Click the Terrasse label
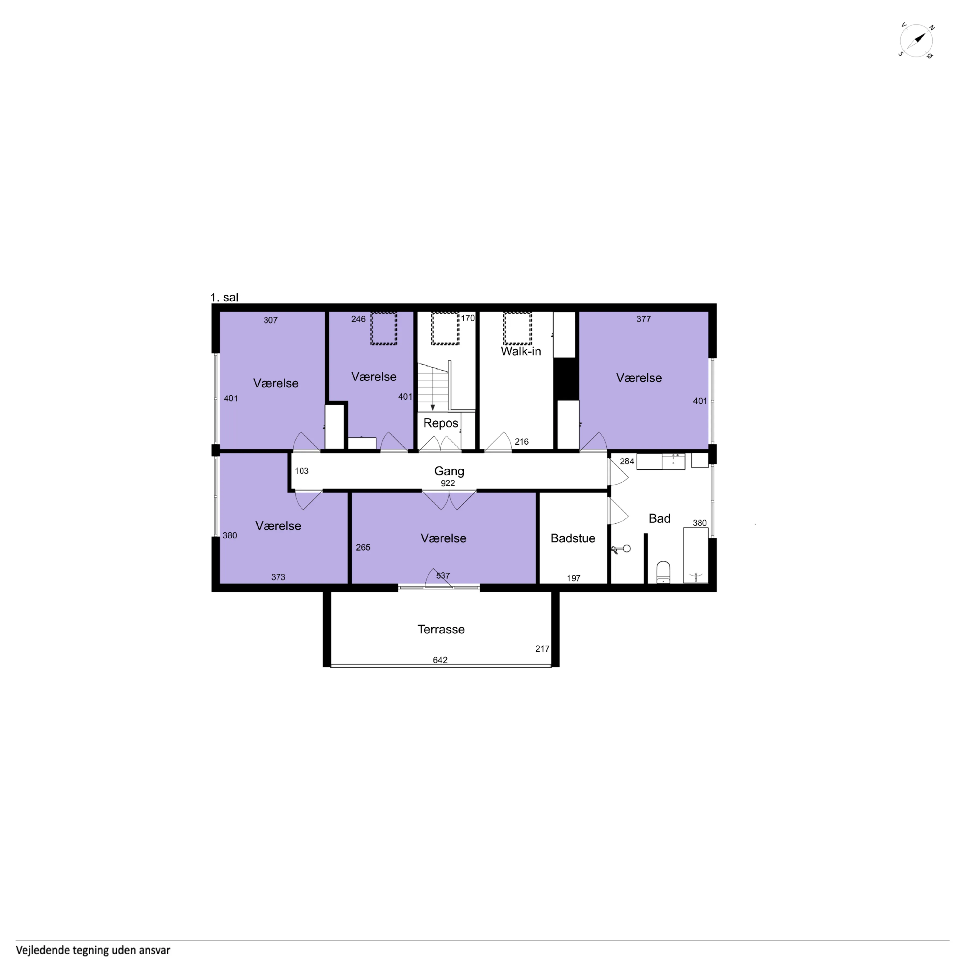pyautogui.click(x=441, y=629)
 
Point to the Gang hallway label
pyautogui.click(x=449, y=471)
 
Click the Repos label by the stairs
pyautogui.click(x=441, y=423)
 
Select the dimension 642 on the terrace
pyautogui.click(x=440, y=660)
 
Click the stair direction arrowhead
pyautogui.click(x=433, y=408)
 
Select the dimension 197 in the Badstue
pyautogui.click(x=574, y=578)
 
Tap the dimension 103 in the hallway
pyautogui.click(x=301, y=471)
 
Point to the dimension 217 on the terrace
pyautogui.click(x=542, y=649)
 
